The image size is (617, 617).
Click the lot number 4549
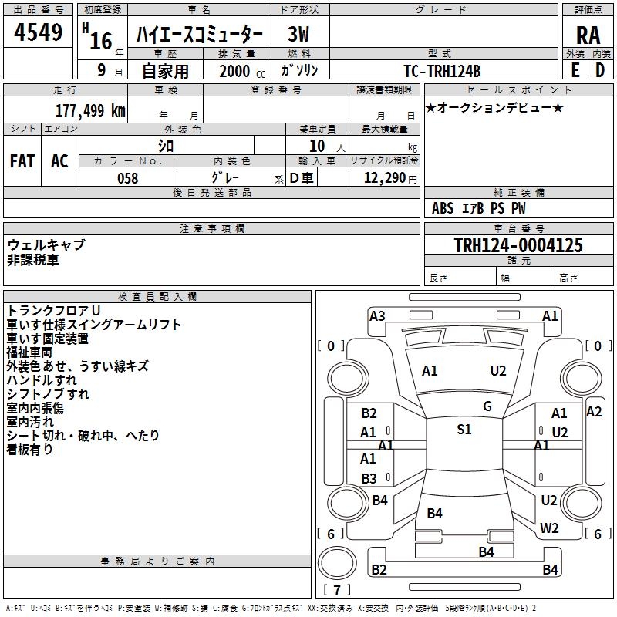click(39, 33)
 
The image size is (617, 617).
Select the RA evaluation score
click(588, 35)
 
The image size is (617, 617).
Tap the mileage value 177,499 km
click(89, 111)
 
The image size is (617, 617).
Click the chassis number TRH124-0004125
click(518, 245)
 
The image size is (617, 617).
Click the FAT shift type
click(22, 161)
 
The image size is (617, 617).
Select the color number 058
click(127, 178)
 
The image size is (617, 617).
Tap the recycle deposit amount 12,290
click(384, 178)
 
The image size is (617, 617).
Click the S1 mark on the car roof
click(464, 430)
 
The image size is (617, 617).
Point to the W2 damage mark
click(549, 528)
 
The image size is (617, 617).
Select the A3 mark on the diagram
click(377, 315)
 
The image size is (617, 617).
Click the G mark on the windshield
click(487, 406)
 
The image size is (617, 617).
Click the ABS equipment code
click(443, 208)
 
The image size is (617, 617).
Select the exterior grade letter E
click(575, 69)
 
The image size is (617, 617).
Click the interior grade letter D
click(600, 69)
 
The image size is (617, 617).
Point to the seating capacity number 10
click(317, 146)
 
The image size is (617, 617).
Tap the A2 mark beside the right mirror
click(593, 412)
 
